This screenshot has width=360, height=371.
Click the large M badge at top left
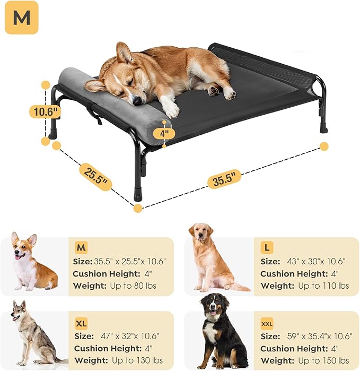[22, 19]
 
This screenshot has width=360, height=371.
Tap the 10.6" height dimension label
[44, 111]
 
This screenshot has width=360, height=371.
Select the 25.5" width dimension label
[96, 177]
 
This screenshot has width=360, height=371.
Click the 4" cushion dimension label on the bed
[164, 133]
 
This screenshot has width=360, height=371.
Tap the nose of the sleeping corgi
[137, 100]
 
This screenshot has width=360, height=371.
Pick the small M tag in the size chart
[82, 248]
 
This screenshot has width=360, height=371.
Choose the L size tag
[268, 248]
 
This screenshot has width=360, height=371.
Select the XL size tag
[81, 323]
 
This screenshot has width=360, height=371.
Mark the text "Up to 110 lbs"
[323, 286]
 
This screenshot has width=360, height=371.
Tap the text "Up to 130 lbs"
[138, 361]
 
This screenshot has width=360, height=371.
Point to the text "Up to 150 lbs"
[323, 361]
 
